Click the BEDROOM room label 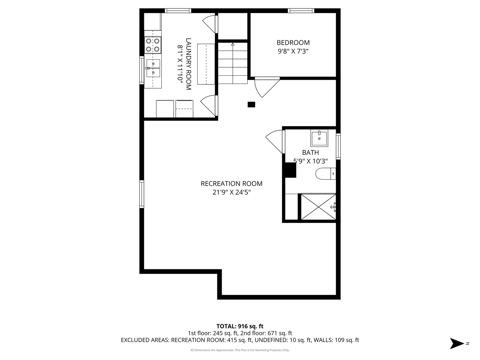293,43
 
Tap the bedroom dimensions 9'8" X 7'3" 293,51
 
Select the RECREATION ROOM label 231,184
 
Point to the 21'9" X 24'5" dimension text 231,192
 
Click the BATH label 310,153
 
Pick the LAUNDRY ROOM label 188,64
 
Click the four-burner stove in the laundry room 153,45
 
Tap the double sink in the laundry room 153,68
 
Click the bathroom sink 319,138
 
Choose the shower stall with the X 318,207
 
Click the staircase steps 233,63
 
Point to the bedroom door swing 266,87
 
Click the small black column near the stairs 251,105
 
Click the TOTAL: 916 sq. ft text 240,326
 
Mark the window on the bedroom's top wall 301,11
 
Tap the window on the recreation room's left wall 142,194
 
